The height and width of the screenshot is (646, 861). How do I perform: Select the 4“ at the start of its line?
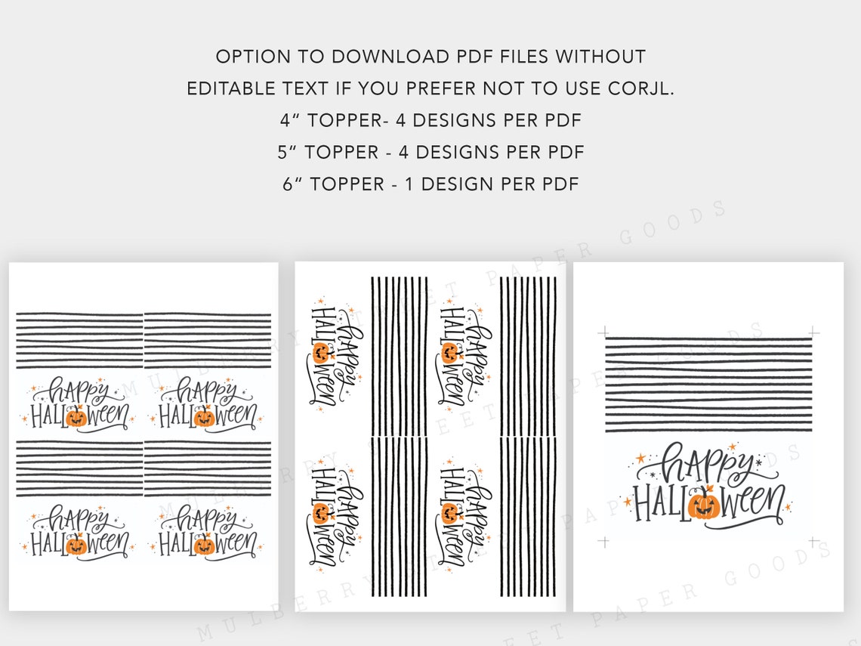click(288, 120)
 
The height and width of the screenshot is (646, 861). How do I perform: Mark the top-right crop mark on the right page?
click(813, 332)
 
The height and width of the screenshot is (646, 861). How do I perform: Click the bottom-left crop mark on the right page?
click(603, 541)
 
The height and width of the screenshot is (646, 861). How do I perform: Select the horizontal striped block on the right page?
click(708, 385)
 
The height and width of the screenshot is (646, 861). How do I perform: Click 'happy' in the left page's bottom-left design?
click(76, 520)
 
